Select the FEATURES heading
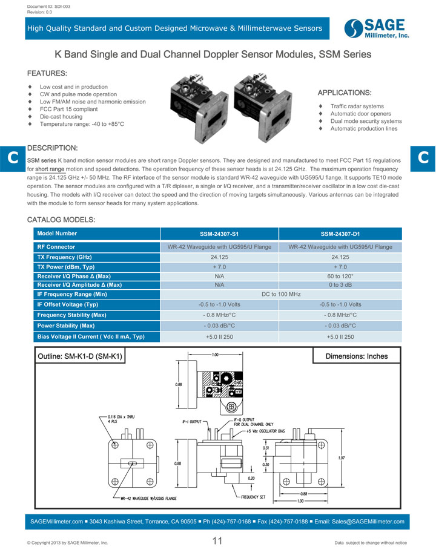click(47, 73)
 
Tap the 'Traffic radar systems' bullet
click(357, 106)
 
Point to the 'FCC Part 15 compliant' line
click(68, 109)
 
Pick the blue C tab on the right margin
click(423, 157)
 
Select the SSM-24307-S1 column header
click(219, 234)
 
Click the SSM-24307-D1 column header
click(340, 234)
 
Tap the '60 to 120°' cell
click(340, 276)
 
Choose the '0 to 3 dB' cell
click(340, 284)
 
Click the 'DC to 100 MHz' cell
click(280, 294)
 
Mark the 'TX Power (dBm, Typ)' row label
click(66, 267)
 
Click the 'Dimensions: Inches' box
click(356, 356)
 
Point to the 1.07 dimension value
click(342, 458)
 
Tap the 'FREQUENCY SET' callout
click(253, 497)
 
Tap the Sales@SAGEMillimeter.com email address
click(367, 521)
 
